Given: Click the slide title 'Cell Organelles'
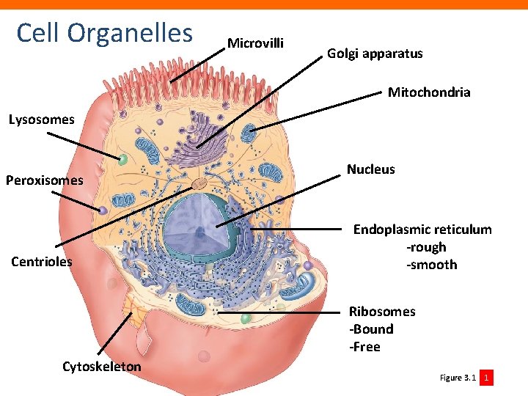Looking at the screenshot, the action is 104,33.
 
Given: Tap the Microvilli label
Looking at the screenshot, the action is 255,43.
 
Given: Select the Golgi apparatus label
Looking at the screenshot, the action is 375,54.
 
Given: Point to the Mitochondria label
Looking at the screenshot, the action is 429,92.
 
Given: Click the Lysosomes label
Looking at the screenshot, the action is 41,120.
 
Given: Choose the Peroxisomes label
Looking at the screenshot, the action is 45,180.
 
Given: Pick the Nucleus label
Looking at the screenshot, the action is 370,169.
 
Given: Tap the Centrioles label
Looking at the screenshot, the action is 42,261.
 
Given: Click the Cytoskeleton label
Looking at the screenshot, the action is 102,366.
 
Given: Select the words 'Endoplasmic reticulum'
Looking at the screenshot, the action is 422,230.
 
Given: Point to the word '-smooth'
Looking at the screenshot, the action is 431,265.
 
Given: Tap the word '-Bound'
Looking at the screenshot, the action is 371,329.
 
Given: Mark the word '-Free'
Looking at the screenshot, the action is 365,347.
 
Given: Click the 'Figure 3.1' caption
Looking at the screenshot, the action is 458,378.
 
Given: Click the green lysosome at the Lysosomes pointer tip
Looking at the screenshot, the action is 123,159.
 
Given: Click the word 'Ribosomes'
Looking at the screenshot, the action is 382,312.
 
